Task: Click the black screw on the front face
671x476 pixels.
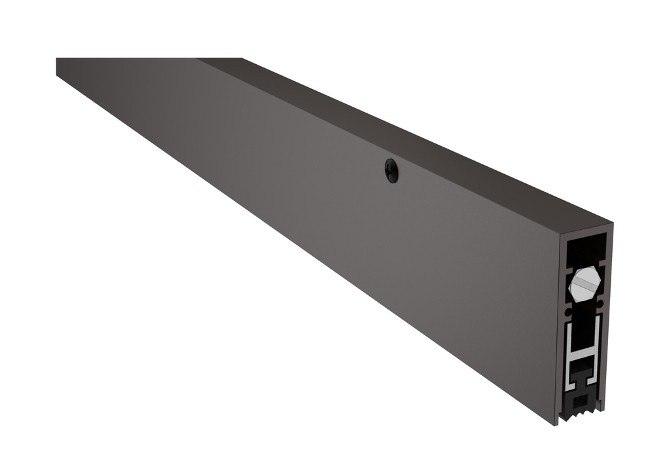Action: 391,171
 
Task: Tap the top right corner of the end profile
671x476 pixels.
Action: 611,223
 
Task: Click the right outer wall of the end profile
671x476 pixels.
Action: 608,314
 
